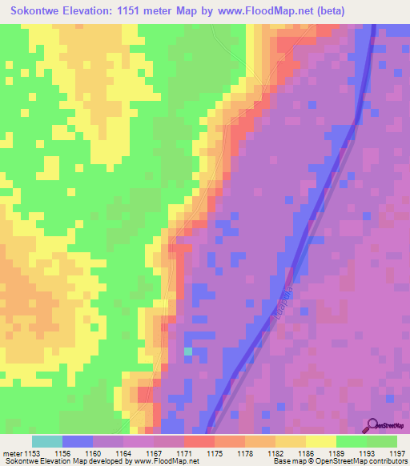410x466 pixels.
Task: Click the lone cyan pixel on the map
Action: click(187, 351)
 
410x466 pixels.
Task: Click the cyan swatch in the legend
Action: click(47, 441)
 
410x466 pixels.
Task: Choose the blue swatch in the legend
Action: click(78, 441)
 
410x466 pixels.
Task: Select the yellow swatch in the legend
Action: click(321, 441)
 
